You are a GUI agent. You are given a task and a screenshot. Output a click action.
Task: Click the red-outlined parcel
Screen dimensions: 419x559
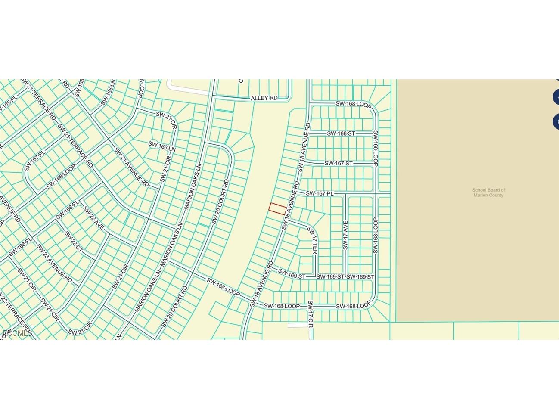tap(277, 209)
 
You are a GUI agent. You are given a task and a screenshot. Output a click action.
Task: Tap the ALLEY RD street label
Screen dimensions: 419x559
tap(264, 98)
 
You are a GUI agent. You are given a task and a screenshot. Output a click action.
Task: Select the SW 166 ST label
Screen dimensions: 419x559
tap(341, 134)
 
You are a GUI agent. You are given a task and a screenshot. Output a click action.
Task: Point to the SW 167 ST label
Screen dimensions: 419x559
tap(338, 164)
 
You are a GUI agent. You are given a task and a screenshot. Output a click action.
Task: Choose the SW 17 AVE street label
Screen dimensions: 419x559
tap(345, 235)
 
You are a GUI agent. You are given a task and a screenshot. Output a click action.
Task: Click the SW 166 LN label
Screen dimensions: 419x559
tap(162, 146)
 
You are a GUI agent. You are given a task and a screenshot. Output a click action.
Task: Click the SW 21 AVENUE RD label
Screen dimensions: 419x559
tap(131, 167)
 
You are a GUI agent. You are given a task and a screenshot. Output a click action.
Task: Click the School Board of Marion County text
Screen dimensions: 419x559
tap(488, 192)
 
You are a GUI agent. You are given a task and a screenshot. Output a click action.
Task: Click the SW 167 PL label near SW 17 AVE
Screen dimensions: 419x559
tap(320, 194)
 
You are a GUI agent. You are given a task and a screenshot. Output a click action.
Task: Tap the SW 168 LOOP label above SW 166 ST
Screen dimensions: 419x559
tap(353, 104)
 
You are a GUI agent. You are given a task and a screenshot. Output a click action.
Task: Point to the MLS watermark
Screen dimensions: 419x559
tap(17, 333)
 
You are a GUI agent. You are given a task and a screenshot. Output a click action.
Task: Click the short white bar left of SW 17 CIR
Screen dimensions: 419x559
tap(297, 325)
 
